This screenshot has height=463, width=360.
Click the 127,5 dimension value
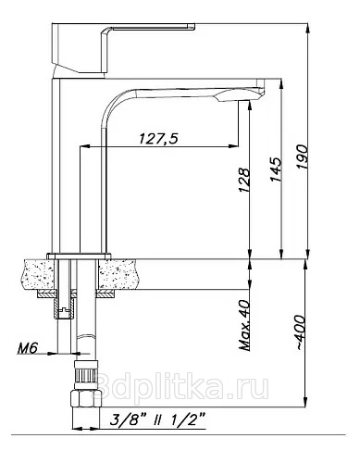coord(158,139)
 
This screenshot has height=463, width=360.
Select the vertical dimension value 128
coord(243,180)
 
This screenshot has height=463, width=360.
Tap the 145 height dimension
coord(276,169)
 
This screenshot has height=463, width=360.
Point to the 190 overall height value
coord(303,156)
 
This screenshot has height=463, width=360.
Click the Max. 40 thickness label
coord(245,325)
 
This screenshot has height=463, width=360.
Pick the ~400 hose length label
coord(302,332)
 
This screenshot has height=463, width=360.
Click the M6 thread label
coord(28,348)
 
